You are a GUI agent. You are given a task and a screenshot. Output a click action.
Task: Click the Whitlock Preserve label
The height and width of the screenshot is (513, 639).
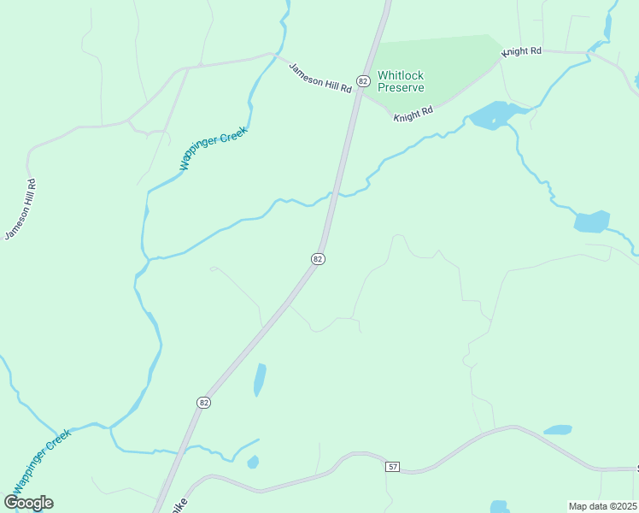(x=401, y=81)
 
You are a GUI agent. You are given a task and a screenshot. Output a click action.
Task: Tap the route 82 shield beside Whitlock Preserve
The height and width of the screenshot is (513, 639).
(x=363, y=81)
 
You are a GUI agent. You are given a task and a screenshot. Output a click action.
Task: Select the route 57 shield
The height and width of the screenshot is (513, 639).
(x=392, y=467)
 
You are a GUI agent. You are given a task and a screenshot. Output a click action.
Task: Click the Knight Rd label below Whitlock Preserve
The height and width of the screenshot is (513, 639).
(x=413, y=113)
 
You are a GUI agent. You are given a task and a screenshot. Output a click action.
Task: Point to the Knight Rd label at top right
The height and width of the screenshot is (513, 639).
(x=522, y=51)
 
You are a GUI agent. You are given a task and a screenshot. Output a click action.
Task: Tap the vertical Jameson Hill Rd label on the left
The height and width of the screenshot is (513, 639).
(x=21, y=209)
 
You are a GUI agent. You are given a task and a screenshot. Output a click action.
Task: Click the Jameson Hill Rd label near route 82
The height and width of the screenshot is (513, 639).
(x=320, y=78)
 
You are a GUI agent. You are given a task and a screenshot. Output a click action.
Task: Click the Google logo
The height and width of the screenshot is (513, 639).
(x=28, y=503)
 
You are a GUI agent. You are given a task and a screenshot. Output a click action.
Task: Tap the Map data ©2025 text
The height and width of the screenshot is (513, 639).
(x=603, y=506)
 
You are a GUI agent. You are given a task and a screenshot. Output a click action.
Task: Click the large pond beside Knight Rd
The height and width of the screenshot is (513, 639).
(x=489, y=115)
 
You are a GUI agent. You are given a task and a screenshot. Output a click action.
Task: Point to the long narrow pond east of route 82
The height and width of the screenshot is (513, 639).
(x=260, y=380)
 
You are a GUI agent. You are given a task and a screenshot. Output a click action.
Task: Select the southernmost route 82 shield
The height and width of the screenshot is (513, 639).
(x=203, y=402)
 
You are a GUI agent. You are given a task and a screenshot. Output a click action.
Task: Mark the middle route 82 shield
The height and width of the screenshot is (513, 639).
(x=318, y=258)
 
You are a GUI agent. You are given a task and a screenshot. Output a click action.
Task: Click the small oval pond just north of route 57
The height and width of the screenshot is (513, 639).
(x=557, y=430)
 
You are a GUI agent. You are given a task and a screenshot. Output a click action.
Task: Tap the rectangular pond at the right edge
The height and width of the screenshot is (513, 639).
(x=592, y=222)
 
